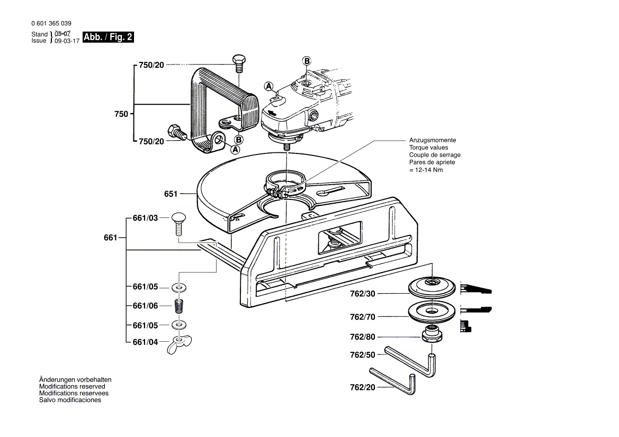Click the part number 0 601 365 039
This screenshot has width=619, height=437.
pos(51,24)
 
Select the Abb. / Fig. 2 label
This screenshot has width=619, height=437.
pos(108,38)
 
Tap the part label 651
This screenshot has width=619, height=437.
pos(171,194)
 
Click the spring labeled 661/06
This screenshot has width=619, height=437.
pos(179,306)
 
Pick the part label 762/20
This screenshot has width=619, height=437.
pos(362,387)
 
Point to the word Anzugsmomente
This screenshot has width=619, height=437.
pos(432,140)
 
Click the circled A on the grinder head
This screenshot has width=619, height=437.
pos(268,86)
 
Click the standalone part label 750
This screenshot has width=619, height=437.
pos(121,114)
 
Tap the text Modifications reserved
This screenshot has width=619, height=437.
pos(72,387)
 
